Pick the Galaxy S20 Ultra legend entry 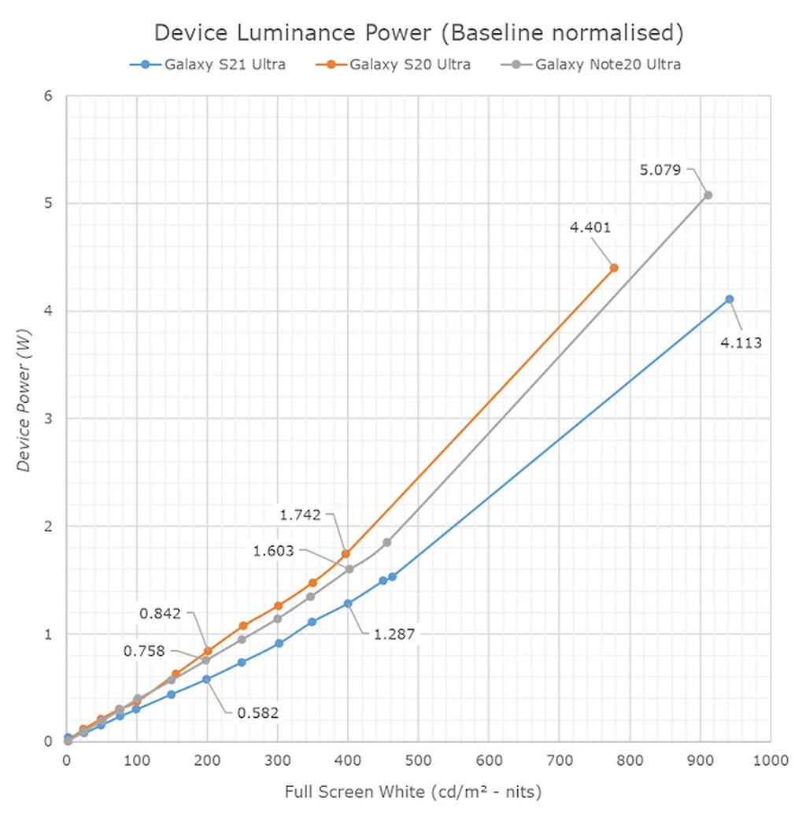401,65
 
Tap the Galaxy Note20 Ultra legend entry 598,65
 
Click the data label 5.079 660,169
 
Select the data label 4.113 741,342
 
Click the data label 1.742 300,515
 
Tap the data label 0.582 258,713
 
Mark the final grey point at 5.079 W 708,195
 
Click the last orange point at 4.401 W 614,268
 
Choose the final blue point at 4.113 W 729,299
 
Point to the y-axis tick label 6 48,96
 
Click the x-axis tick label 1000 770,761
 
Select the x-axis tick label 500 418,761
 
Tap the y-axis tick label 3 48,419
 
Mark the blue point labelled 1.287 347,604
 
